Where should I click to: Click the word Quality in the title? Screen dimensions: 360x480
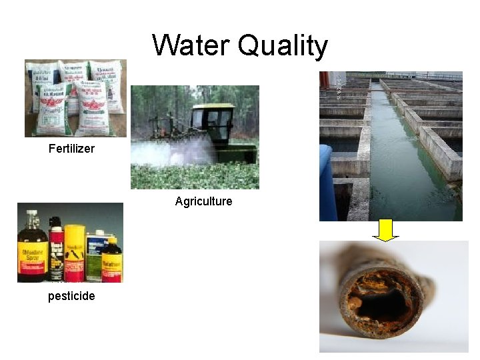point(283,47)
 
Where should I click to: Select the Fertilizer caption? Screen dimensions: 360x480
point(71,149)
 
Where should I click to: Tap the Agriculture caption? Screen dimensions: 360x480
point(203,201)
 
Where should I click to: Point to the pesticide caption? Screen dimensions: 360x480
point(71,296)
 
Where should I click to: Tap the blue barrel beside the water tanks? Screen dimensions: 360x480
point(325,180)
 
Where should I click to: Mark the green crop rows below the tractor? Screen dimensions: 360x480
point(193,177)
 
